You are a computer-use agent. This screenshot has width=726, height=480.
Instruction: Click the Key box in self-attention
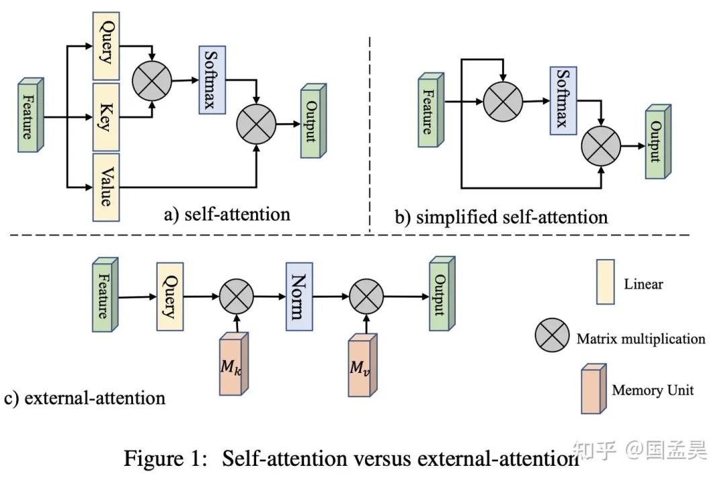click(x=105, y=117)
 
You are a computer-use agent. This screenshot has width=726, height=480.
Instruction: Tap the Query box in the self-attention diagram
click(x=105, y=46)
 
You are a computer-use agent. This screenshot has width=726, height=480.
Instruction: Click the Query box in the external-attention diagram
click(x=169, y=296)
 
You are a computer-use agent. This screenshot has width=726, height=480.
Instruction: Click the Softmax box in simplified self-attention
click(x=563, y=98)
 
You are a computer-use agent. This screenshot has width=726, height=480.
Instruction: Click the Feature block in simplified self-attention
click(x=430, y=110)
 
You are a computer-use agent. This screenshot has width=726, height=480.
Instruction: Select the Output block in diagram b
click(x=657, y=141)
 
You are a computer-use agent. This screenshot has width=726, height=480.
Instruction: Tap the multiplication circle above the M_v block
click(x=366, y=295)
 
